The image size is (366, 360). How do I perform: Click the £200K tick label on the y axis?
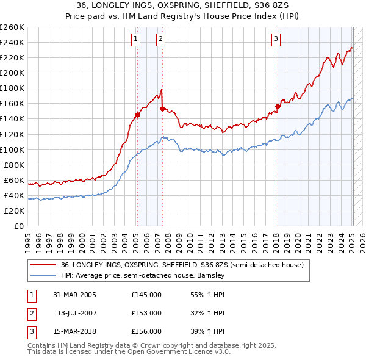pos(12,73)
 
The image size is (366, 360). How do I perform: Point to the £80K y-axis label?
pos(13,165)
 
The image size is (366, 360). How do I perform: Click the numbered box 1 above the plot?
pos(135,39)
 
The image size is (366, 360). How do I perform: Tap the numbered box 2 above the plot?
pos(160,39)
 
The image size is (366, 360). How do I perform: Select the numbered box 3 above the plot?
pos(276,39)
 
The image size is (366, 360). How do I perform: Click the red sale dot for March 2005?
pos(137,114)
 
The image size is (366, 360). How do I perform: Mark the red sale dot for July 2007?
pos(162,109)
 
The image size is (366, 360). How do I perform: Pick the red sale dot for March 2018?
pos(278,106)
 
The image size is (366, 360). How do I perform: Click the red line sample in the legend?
pos(43,265)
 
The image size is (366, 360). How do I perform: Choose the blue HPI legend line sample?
pos(43,276)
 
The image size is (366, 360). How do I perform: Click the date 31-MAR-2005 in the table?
pos(74,295)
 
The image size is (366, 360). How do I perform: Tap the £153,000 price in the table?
pos(146,313)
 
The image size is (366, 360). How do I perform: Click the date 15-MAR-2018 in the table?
pos(74,331)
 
